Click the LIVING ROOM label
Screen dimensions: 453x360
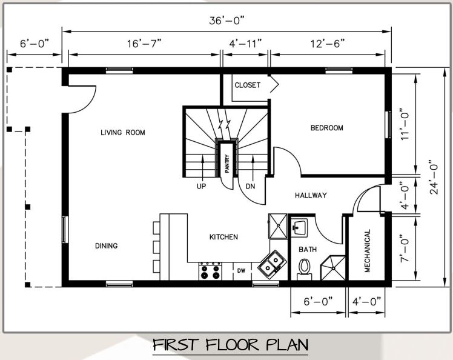(123, 133)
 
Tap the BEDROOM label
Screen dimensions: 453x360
(327, 127)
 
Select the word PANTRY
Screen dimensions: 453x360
(227, 164)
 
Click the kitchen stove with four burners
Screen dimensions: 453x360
(210, 271)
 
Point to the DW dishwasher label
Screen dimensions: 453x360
(241, 271)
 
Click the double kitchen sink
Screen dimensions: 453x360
(271, 265)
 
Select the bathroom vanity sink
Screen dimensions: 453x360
(299, 228)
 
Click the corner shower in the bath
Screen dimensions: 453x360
(333, 268)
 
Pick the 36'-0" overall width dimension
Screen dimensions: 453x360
(226, 21)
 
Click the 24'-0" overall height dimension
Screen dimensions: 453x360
(434, 177)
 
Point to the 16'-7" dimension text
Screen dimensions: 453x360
(144, 44)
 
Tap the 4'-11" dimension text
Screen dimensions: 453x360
(245, 44)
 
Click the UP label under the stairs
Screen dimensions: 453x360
(201, 187)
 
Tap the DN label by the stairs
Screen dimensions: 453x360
(251, 187)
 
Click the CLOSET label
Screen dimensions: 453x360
(248, 85)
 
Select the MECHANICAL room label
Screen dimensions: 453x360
(367, 251)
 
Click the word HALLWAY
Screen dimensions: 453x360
(311, 195)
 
